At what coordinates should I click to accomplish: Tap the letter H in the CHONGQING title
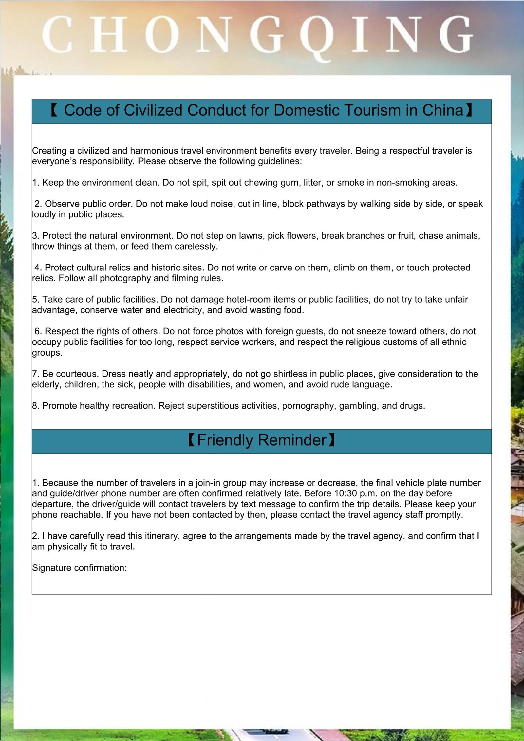[x=108, y=34]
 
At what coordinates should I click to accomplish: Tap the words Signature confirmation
[x=79, y=567]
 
